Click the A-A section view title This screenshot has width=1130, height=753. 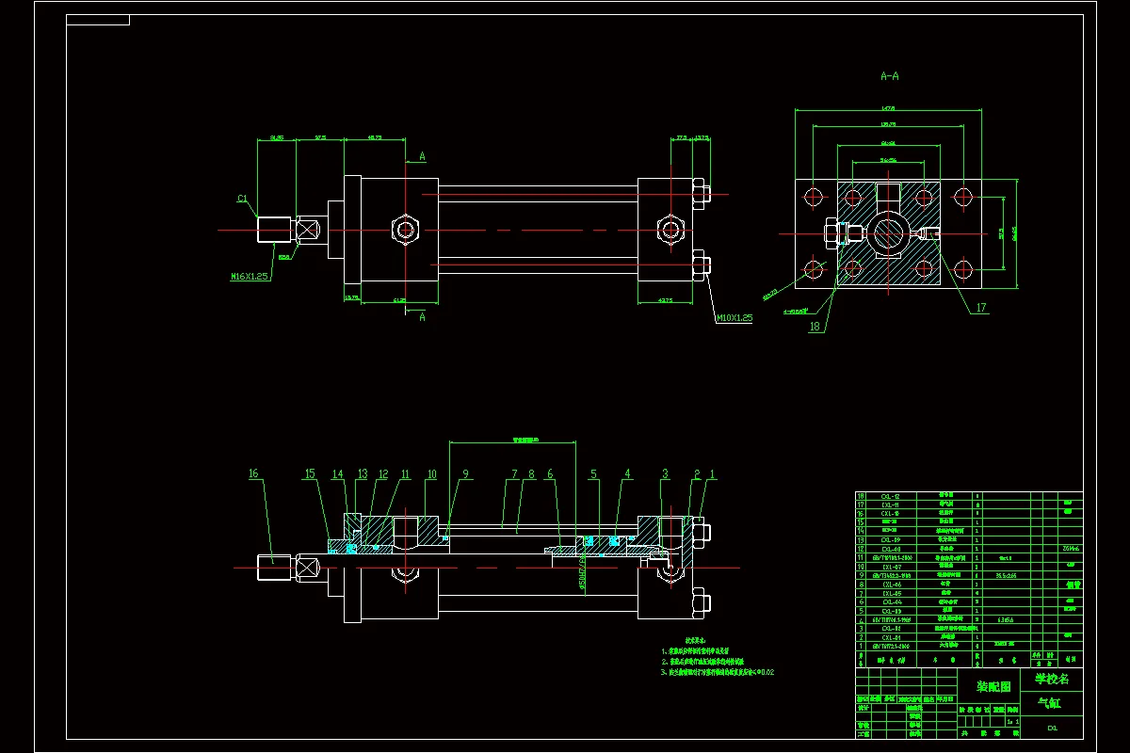(888, 75)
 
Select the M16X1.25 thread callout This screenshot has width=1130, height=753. (249, 277)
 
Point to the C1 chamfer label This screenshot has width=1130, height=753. (242, 199)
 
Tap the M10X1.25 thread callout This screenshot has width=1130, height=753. (734, 318)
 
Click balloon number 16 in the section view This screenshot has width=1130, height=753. (253, 474)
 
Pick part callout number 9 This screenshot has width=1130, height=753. (465, 474)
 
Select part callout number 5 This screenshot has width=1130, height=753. (594, 474)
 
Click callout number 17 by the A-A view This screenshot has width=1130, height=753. (980, 308)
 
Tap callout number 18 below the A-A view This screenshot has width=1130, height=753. (814, 327)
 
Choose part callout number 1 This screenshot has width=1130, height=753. (713, 474)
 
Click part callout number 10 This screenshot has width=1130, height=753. (431, 474)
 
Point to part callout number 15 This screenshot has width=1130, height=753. (310, 474)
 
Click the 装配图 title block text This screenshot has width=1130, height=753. (993, 686)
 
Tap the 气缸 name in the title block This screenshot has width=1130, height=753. (1047, 702)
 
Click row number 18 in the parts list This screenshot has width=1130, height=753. (861, 496)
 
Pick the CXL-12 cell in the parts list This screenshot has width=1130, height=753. (891, 496)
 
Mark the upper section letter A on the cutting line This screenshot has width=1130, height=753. (423, 156)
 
